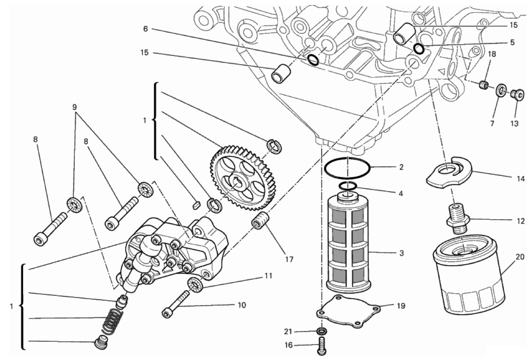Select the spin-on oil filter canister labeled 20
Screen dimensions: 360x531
pos(469,279)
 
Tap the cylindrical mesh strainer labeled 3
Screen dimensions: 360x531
pos(347,242)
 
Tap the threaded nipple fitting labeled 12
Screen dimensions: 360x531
pos(457,218)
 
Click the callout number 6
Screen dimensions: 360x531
pos(145,29)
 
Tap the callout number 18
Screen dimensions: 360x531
pos(492,54)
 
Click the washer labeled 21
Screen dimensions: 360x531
pos(322,331)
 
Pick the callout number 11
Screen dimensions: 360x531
pos(267,276)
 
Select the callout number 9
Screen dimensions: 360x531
pos(74,107)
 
